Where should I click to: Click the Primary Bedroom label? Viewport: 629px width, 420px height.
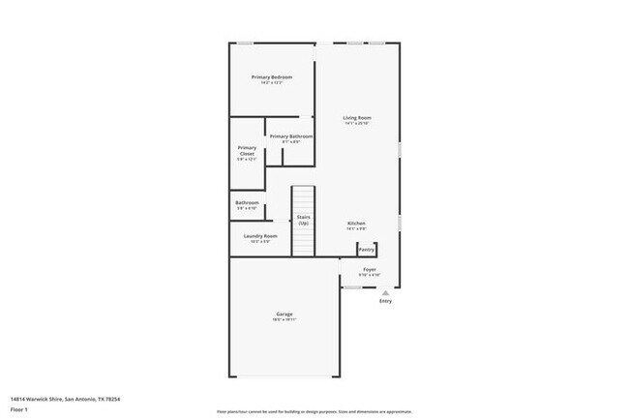click(271, 76)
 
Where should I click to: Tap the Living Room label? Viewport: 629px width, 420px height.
click(357, 118)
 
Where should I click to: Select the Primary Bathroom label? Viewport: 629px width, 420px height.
click(290, 136)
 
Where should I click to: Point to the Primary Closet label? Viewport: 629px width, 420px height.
click(247, 150)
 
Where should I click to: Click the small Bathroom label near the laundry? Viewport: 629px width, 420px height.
click(247, 202)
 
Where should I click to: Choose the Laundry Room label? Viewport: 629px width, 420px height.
click(260, 236)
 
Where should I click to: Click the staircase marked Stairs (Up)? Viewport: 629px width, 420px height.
click(304, 220)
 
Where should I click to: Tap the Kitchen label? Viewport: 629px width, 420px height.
click(356, 223)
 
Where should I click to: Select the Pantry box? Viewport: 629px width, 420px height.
click(367, 249)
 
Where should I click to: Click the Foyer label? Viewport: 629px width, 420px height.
click(370, 269)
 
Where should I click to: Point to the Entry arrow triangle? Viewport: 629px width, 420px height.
click(385, 292)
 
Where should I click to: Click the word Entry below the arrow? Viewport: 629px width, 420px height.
click(385, 302)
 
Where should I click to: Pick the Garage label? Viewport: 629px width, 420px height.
click(284, 314)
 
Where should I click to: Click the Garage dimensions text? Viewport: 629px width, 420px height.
click(284, 320)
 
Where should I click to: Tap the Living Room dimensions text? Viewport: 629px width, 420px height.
click(357, 124)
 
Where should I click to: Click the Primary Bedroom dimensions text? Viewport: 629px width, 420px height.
click(271, 83)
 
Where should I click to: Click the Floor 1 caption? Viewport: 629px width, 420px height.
click(19, 409)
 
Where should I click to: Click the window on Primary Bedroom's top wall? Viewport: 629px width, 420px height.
click(247, 43)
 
